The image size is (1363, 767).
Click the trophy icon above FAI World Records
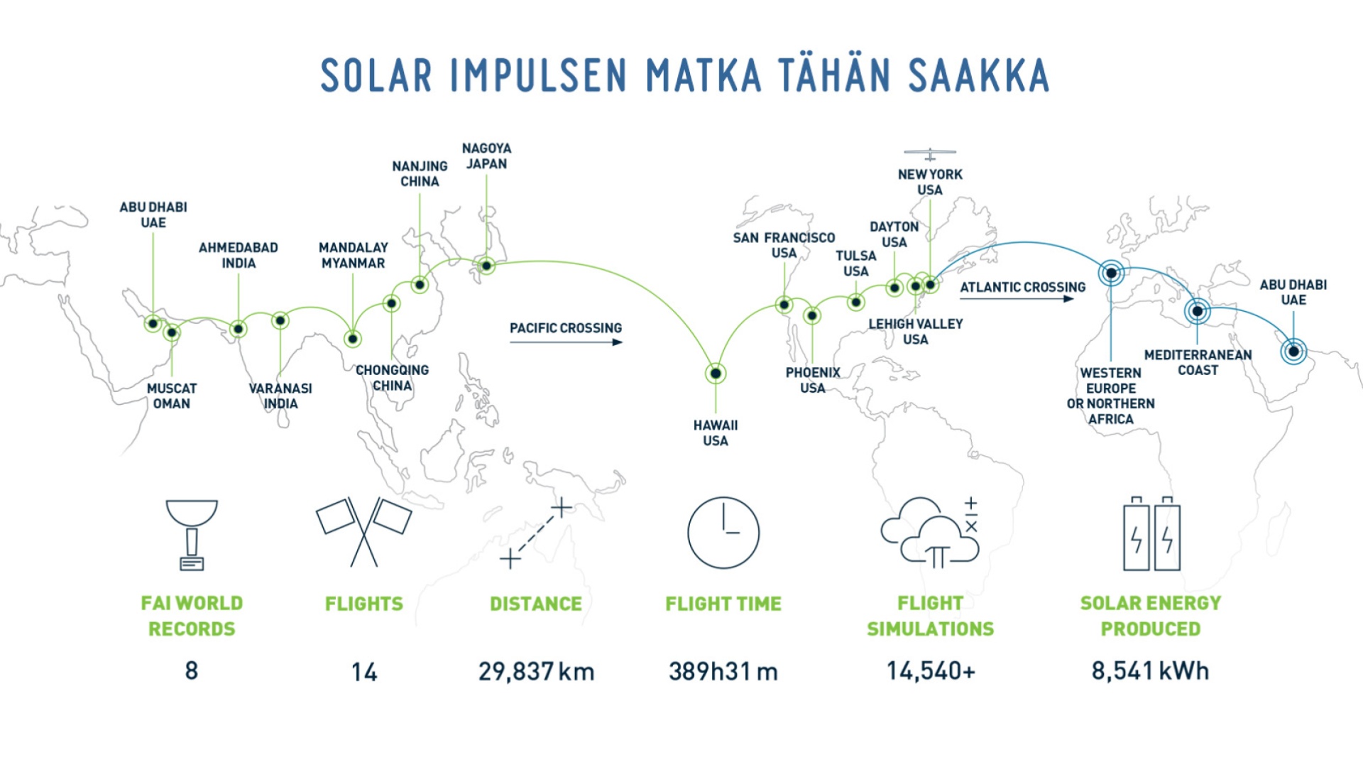point(192,535)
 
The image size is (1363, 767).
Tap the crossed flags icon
point(363,532)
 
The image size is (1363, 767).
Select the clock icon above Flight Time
point(723,533)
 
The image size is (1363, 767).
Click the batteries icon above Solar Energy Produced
point(1151,533)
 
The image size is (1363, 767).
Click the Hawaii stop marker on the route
point(716,374)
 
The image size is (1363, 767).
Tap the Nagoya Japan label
point(486,156)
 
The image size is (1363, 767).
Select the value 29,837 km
point(536,671)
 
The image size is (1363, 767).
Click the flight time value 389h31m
point(723,671)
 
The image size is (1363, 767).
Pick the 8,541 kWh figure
point(1150,670)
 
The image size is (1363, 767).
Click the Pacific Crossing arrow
point(566,342)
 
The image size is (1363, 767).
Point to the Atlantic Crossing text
point(1022,287)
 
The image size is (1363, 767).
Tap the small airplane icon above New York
point(930,154)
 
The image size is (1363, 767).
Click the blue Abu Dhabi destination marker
point(1293,351)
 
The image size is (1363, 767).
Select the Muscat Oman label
point(172,396)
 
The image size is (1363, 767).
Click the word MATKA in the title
point(704,75)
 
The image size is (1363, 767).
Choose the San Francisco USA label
point(784,245)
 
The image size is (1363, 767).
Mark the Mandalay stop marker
point(353,339)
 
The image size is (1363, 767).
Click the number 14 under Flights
point(364,672)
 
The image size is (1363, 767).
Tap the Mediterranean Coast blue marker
point(1198,311)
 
